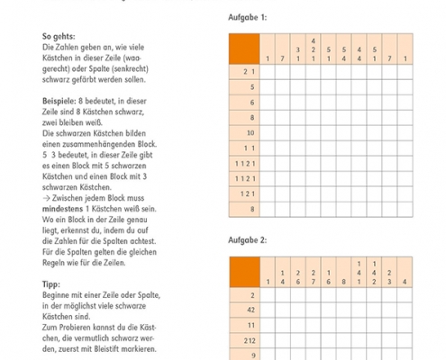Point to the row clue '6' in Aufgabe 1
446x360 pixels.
pyautogui.click(x=252, y=101)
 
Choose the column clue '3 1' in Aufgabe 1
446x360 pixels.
pyautogui.click(x=298, y=53)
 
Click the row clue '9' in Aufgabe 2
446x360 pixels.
pyautogui.click(x=252, y=355)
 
